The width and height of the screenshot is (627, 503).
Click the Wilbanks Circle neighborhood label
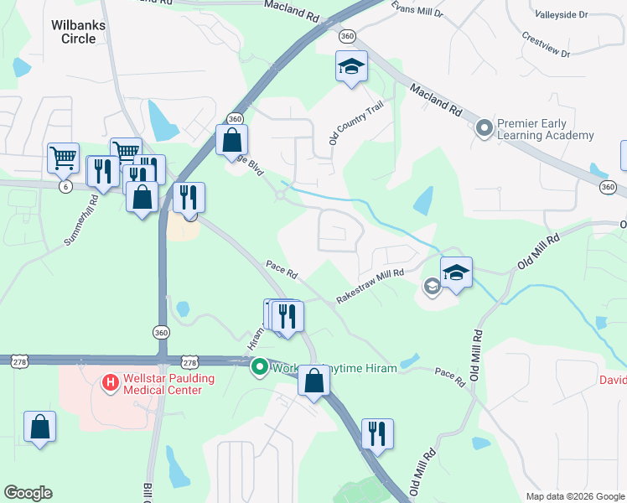click(78, 32)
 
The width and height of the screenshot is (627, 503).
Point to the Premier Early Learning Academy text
click(545, 129)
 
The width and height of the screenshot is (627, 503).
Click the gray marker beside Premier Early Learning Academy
click(484, 128)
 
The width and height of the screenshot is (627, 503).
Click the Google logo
click(28, 493)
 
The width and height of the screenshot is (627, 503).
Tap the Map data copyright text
click(575, 496)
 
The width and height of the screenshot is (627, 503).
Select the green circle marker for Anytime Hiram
click(260, 366)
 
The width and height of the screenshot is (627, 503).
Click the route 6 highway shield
click(65, 186)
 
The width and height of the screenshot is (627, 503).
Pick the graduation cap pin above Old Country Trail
click(351, 67)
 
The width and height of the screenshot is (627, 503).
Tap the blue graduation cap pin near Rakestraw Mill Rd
click(456, 273)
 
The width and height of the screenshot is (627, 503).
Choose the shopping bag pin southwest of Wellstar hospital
click(39, 427)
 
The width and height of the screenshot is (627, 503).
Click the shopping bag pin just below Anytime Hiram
click(313, 381)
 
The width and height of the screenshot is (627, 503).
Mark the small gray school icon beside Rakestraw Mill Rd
click(432, 287)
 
